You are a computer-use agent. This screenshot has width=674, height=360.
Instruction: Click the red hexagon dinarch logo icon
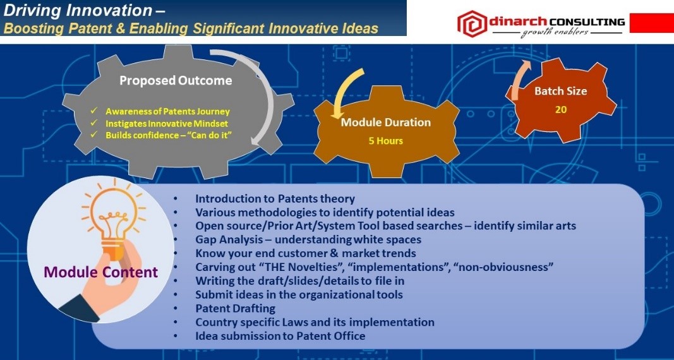[x=472, y=23]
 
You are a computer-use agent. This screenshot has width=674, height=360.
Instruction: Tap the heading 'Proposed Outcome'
[x=176, y=80]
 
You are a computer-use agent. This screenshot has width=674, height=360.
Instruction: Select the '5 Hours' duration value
[x=385, y=140]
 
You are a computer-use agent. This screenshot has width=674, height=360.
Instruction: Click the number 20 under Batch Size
[x=560, y=109]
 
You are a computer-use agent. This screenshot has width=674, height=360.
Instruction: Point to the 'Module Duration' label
[x=385, y=123]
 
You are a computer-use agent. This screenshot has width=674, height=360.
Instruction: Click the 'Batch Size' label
[x=560, y=91]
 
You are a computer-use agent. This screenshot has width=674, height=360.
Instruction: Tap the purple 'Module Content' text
[x=101, y=272]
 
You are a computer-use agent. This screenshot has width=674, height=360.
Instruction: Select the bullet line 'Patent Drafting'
[x=235, y=308]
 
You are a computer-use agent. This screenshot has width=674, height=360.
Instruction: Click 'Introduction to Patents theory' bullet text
[x=275, y=199]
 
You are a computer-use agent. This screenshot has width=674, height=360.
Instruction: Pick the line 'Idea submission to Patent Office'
[x=280, y=336]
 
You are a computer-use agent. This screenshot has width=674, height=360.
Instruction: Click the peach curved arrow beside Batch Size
[x=520, y=80]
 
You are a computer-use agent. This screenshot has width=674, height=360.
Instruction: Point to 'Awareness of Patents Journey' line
[x=167, y=112]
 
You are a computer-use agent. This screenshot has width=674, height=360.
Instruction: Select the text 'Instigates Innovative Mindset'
[x=167, y=124]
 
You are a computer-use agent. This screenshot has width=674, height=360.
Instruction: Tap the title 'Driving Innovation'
[x=78, y=10]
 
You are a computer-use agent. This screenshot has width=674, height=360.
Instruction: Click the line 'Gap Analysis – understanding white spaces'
[x=308, y=240]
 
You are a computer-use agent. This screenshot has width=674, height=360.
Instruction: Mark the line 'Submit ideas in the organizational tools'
[x=299, y=295]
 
